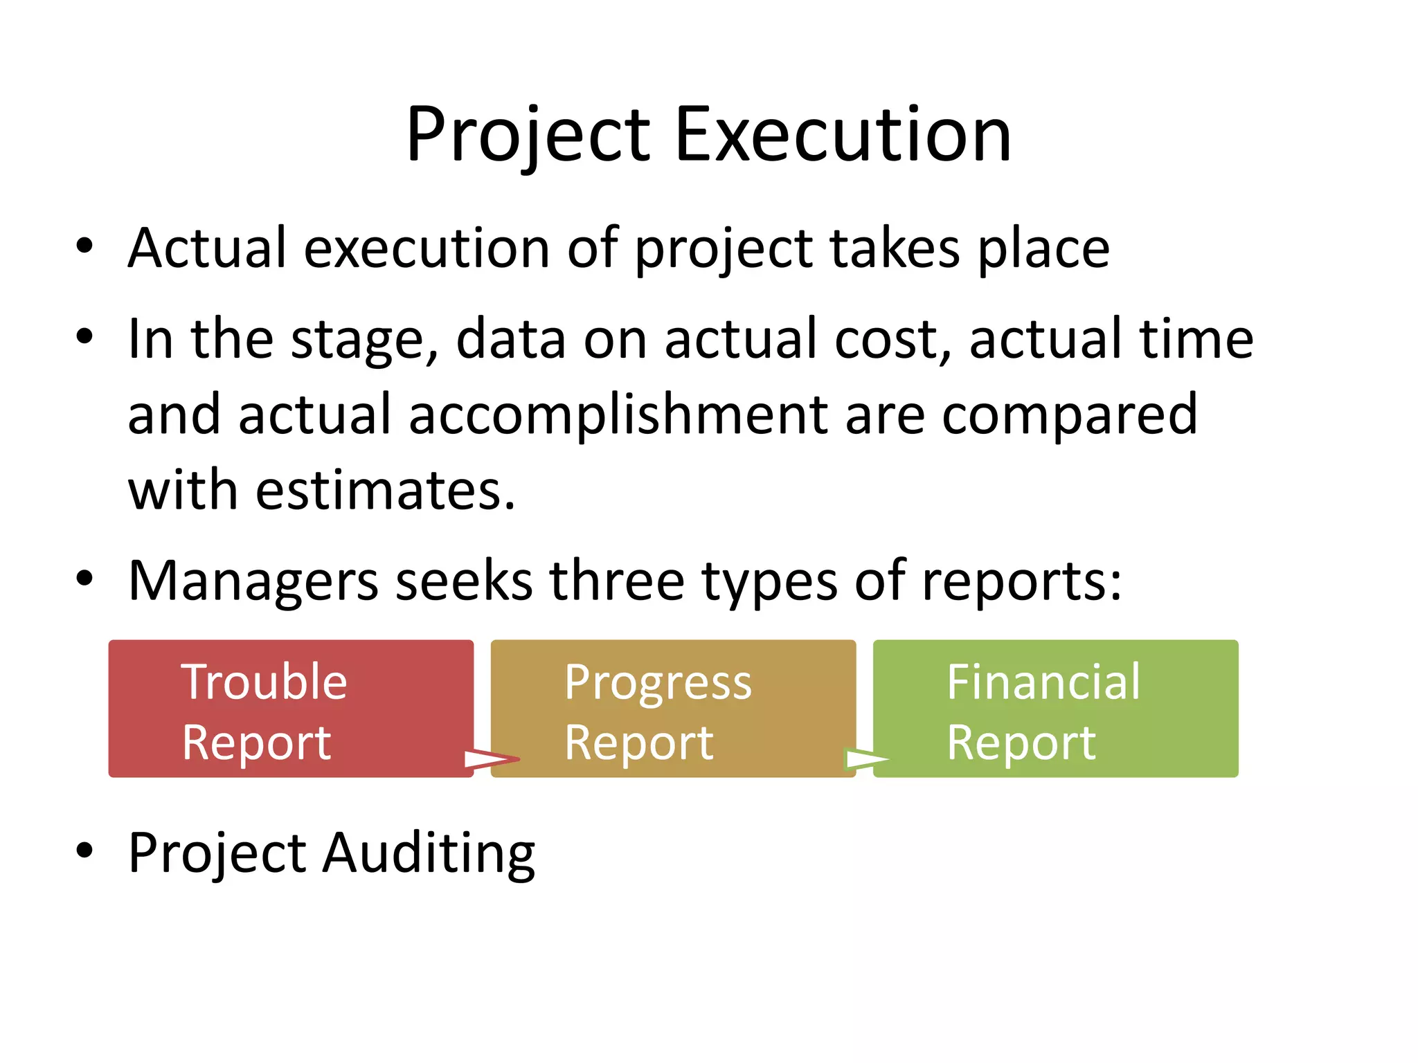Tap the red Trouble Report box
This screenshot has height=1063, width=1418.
[291, 708]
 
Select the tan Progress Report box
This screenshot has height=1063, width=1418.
[673, 708]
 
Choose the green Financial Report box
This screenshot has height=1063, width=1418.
[1055, 708]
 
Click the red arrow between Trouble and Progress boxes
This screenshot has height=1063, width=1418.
[491, 759]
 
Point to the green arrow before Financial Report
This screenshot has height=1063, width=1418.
[868, 760]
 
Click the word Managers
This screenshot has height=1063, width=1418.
[253, 581]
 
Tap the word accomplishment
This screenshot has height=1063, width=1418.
[618, 415]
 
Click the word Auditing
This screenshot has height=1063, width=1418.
[429, 853]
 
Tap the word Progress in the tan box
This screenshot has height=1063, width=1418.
[657, 683]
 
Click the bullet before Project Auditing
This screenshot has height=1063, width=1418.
[84, 851]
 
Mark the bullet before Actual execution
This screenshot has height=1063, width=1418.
[84, 246]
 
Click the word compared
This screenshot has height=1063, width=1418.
[1069, 415]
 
